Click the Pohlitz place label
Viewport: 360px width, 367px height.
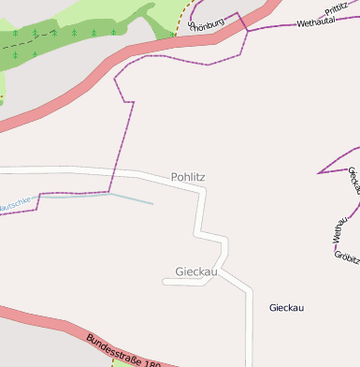pos(188,177)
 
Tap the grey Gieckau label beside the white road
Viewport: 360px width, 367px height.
pos(196,272)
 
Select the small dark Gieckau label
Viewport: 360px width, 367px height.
pos(287,308)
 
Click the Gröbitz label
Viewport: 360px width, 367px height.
pos(347,255)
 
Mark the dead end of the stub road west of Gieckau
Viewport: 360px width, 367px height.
pos(164,281)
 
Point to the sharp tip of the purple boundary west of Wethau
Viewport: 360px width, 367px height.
pos(319,172)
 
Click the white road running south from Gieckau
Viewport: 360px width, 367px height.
pos(249,328)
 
